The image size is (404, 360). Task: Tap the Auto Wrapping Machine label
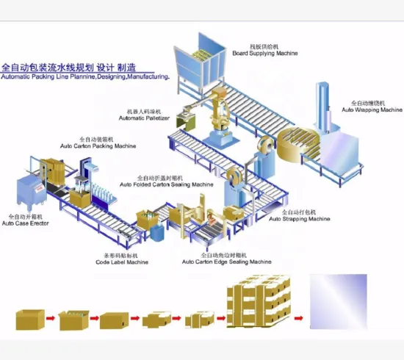[372, 110]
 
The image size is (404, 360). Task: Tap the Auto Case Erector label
[25, 223]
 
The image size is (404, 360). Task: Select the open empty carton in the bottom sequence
[30, 318]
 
